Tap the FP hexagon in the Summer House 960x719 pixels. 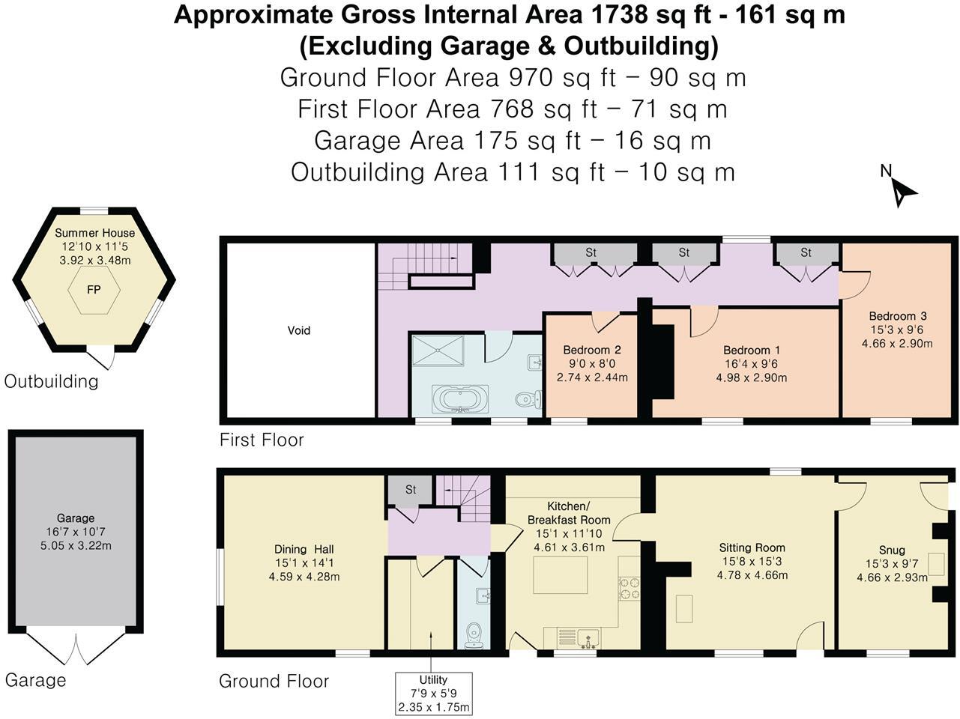94,289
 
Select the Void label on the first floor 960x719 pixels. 299,330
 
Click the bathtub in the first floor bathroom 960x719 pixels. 460,398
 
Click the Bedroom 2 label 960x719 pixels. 591,350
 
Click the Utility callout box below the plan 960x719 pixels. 434,694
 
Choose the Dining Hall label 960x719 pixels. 304,548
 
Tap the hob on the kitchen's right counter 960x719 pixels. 628,589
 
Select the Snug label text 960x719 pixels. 892,550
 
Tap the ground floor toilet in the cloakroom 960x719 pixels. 473,635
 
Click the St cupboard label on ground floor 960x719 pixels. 410,490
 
